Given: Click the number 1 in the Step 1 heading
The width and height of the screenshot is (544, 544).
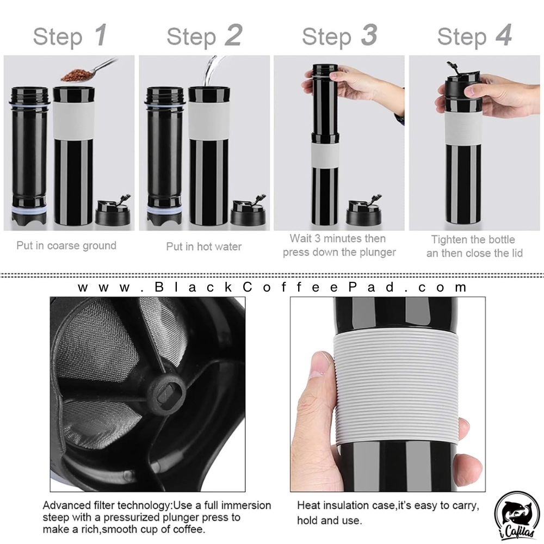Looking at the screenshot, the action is point(101,35).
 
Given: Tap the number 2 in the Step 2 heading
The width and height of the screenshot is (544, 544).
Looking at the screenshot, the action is point(233,35).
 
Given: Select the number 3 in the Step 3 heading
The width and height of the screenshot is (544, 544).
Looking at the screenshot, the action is point(369,35).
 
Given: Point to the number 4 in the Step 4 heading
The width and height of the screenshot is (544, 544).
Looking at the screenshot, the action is point(504,35).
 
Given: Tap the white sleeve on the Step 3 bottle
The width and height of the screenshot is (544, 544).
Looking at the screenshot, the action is point(325,155).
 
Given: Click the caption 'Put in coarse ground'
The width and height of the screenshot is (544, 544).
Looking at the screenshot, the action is point(66,246).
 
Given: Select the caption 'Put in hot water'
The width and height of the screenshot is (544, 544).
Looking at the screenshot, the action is point(203,246).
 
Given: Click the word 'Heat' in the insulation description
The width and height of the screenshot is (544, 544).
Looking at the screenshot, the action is point(308,505).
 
